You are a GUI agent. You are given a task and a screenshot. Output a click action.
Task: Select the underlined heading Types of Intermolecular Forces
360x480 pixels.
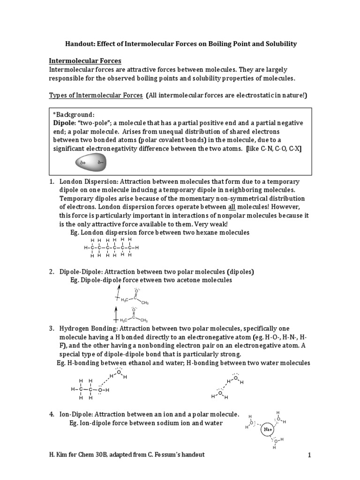tap(96, 96)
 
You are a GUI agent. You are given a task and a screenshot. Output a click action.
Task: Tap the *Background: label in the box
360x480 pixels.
tap(74, 114)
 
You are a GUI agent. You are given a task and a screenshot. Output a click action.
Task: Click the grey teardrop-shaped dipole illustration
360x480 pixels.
tap(91, 164)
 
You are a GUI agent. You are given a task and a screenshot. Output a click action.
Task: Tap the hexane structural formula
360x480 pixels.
tap(111, 247)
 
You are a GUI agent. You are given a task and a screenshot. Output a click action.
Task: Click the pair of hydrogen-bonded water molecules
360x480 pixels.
tap(227, 387)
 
